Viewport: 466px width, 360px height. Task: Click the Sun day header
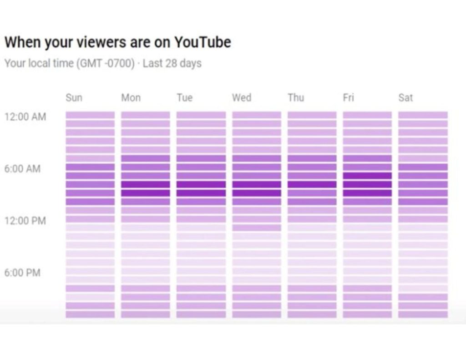[x=74, y=97]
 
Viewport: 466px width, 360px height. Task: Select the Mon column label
[x=131, y=97]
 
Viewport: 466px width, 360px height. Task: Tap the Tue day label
[x=184, y=97]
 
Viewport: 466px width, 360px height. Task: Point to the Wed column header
[x=241, y=97]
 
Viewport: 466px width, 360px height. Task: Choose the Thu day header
[x=296, y=97]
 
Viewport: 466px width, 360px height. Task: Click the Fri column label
[x=348, y=97]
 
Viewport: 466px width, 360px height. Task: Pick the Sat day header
[x=405, y=97]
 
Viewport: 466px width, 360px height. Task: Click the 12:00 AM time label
[x=25, y=117]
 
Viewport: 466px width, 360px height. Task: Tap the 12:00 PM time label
[x=25, y=221]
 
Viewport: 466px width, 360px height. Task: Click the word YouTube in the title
[x=203, y=42]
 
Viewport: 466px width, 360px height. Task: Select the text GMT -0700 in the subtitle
[x=106, y=63]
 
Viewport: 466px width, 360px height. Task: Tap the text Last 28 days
[x=172, y=63]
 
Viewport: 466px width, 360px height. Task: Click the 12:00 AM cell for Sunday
[x=90, y=115]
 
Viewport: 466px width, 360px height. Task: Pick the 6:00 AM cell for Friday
[x=367, y=167]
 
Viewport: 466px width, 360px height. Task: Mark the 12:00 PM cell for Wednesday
[x=257, y=219]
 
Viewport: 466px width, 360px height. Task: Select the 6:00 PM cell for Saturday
[x=423, y=271]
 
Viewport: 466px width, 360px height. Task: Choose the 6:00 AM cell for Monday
[x=146, y=167]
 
